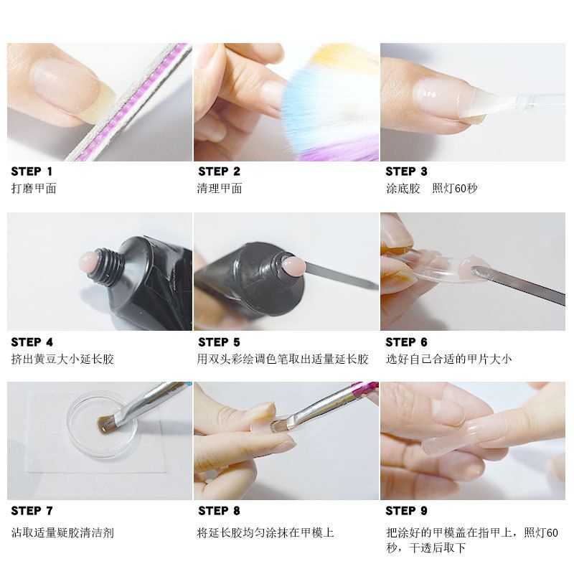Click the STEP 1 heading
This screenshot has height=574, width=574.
(x=32, y=171)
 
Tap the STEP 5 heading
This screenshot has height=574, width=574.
(x=219, y=342)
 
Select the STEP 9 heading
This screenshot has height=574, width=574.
(x=406, y=511)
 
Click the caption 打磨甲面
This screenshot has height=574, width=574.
(x=34, y=189)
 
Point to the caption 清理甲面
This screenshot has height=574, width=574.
(x=220, y=189)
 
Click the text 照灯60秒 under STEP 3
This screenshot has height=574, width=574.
(x=455, y=189)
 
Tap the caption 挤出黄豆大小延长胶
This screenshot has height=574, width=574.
(x=62, y=359)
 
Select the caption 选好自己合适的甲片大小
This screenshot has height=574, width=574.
(x=448, y=359)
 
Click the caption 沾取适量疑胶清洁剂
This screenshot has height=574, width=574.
(x=62, y=532)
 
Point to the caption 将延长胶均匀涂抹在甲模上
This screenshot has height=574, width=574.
(x=265, y=532)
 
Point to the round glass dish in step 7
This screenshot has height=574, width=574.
(x=104, y=423)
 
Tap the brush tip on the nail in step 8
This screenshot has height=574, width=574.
(x=276, y=426)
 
